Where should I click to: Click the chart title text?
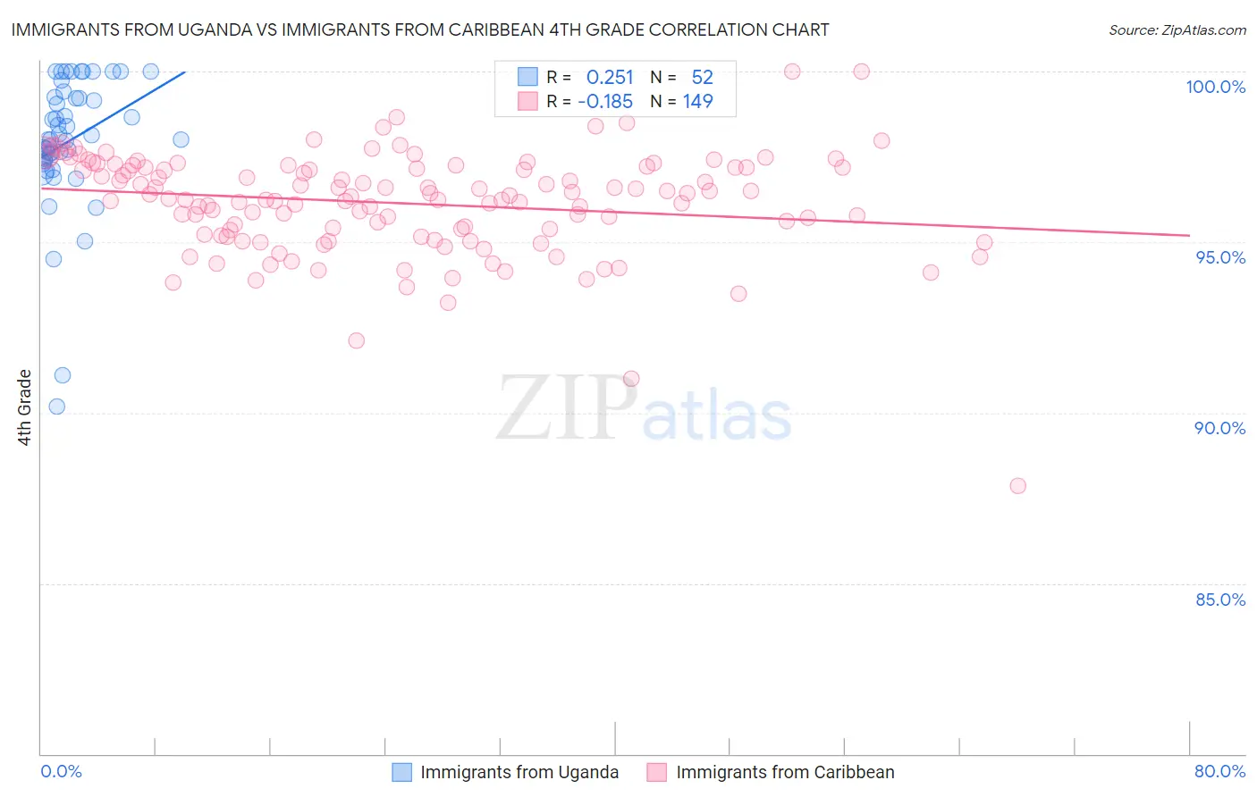420,29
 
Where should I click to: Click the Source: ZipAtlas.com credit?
1177,29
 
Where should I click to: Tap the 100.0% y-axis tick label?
1215,87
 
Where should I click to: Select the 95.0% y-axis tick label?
1220,257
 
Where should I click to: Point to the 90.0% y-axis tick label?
1219,428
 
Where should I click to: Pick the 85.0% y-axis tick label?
1220,600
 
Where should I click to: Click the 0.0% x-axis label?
61,771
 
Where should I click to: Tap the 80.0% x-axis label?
1219,771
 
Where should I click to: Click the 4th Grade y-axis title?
25,407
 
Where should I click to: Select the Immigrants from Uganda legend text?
519,772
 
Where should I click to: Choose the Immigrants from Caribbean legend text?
784,772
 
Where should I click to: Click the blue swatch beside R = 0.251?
528,77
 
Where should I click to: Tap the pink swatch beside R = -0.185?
528,101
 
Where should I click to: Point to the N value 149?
697,101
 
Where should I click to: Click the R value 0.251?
609,77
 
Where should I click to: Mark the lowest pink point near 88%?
1017,486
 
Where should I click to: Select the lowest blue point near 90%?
57,407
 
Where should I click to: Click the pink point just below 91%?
631,379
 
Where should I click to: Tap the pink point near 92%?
356,340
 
